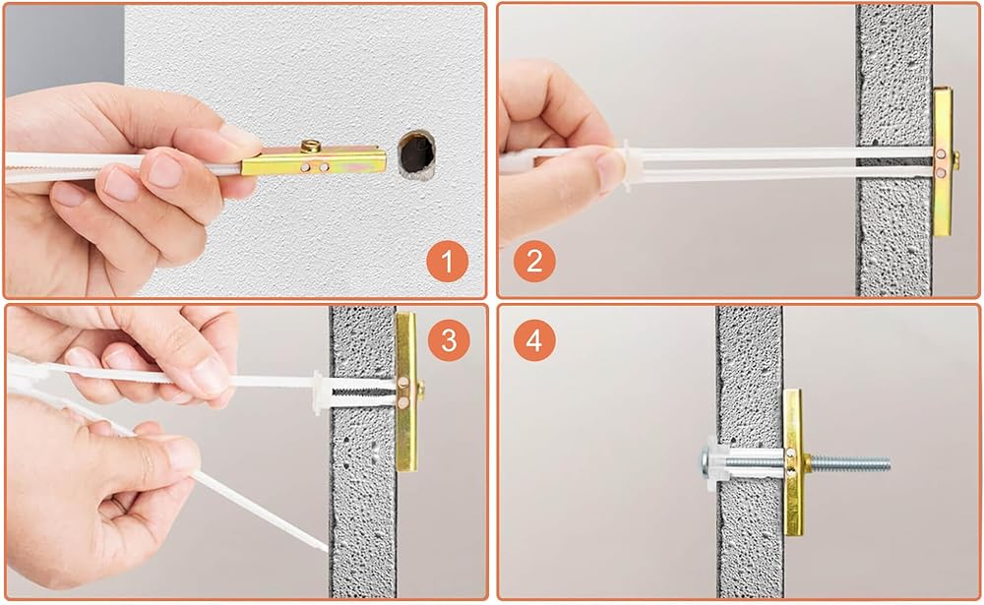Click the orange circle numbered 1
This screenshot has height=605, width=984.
click(447, 261)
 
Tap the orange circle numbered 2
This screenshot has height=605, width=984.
click(534, 261)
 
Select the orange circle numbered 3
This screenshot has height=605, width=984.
click(449, 340)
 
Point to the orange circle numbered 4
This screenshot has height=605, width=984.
click(534, 340)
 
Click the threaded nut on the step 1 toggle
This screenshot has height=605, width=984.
click(311, 147)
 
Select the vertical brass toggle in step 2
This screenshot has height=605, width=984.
click(943, 161)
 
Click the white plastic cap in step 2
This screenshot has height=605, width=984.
click(630, 165)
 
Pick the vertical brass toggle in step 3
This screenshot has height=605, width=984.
click(406, 392)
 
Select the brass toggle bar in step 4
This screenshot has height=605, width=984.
click(792, 462)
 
